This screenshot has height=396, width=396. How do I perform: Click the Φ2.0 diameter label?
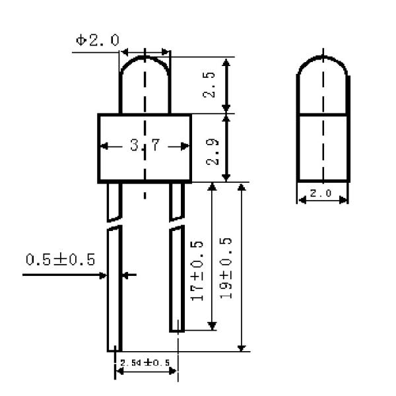pyautogui.click(x=97, y=40)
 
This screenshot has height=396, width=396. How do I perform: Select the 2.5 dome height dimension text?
pyautogui.click(x=209, y=85)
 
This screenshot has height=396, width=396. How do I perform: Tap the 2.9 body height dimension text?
pyautogui.click(x=209, y=147)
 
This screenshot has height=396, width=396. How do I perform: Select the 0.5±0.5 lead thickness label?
pyautogui.click(x=60, y=259)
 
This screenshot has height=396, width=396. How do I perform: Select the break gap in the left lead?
pyautogui.click(x=115, y=224)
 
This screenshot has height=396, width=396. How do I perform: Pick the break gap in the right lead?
pyautogui.click(x=178, y=224)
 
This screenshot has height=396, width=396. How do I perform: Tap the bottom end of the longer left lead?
pyautogui.click(x=114, y=348)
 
